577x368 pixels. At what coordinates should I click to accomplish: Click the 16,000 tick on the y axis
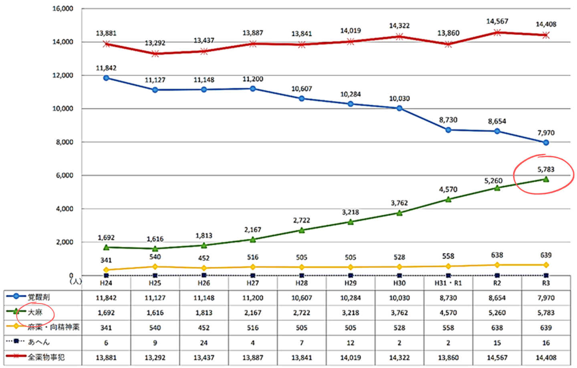[x=63, y=8]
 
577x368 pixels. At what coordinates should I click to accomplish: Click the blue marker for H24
[x=106, y=78]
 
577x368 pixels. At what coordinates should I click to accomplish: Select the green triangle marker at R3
[x=546, y=179]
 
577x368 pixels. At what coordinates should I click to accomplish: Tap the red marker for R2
[x=497, y=32]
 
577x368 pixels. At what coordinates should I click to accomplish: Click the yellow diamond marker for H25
[x=155, y=267]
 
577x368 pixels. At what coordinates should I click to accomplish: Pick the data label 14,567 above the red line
[x=497, y=21]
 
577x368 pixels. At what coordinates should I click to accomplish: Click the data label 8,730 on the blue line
[x=448, y=120]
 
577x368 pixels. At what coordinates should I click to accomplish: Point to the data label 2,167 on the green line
[x=252, y=230]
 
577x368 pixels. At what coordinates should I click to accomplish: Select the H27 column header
[x=252, y=283]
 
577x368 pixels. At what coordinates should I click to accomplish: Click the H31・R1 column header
[x=448, y=283]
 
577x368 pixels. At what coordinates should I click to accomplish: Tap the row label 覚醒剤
[x=38, y=297]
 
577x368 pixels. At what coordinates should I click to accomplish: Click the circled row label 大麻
[x=35, y=312]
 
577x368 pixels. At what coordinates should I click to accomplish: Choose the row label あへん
[x=39, y=342]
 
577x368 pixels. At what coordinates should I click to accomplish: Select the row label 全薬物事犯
[x=46, y=357]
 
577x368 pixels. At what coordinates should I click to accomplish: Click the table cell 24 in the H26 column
[x=204, y=343]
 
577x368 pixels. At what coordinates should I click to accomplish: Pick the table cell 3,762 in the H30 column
[x=399, y=313]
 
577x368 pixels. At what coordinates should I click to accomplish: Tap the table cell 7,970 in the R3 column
[x=546, y=298]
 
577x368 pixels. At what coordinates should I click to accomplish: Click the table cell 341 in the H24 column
[x=106, y=328]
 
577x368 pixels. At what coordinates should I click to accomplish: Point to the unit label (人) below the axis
[x=76, y=282]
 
